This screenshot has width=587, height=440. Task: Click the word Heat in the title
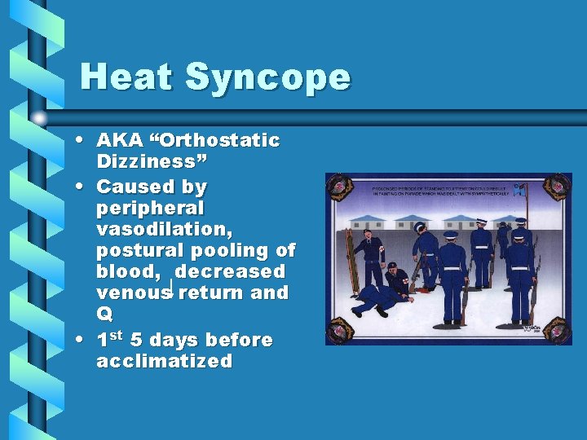point(126,77)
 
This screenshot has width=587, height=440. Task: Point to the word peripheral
point(150,209)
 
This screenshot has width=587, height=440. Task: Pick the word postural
point(135,251)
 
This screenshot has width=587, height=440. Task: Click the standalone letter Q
point(104,314)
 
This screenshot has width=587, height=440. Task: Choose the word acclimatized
point(164,361)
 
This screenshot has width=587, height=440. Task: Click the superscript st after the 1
point(116,335)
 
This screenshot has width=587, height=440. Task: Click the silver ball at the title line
point(39,118)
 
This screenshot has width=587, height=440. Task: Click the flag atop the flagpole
point(520,191)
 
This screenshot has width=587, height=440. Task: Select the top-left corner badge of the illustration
point(338,187)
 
